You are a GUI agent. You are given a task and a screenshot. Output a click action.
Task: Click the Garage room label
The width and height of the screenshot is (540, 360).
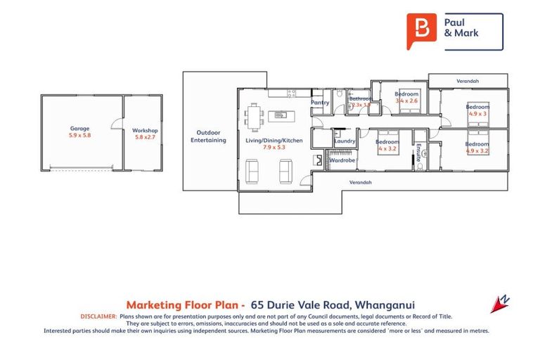point(79,129)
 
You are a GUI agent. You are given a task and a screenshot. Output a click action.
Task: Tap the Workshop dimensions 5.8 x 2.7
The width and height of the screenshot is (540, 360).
point(145,137)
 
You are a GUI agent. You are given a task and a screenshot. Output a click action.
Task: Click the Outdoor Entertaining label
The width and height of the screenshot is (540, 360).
point(208,136)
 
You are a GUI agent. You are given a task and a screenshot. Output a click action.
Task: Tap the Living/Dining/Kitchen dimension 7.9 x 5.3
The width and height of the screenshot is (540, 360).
point(274,148)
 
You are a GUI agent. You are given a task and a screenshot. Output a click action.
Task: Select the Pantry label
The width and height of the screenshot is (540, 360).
point(321,103)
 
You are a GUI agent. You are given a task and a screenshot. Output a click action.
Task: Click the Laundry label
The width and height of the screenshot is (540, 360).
point(345,141)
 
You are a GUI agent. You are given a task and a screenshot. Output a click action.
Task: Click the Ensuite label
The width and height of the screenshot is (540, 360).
point(419,153)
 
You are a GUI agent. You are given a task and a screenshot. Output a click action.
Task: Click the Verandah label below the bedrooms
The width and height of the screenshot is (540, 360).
point(361,182)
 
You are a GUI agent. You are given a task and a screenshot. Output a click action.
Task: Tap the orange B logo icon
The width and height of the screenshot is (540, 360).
point(420,31)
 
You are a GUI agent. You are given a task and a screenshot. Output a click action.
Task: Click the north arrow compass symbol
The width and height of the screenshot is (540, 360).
point(500,304)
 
